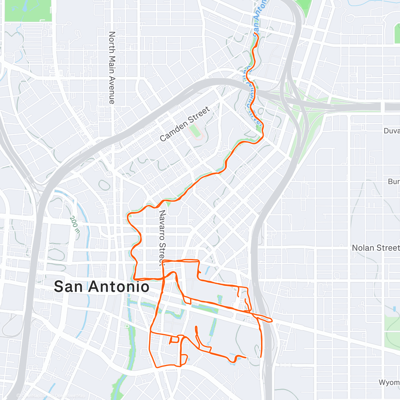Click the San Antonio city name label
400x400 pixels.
pyautogui.click(x=101, y=287)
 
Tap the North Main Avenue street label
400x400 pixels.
pyautogui.click(x=112, y=68)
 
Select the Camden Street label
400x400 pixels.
pyautogui.click(x=185, y=124)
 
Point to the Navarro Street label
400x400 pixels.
pyautogui.click(x=162, y=238)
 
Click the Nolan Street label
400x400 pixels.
pyautogui.click(x=376, y=248)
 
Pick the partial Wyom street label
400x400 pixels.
pyautogui.click(x=389, y=382)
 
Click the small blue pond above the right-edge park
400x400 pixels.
pyautogui.click(x=394, y=309)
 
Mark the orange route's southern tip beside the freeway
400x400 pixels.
pyautogui.click(x=260, y=357)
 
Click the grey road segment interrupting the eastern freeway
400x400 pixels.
pyautogui.click(x=383, y=107)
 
